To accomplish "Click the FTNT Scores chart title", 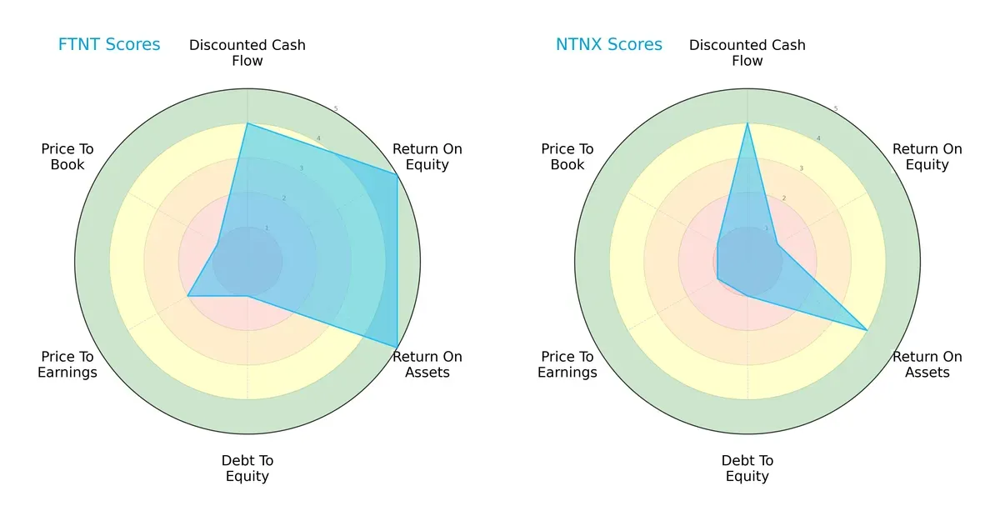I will point(109,44).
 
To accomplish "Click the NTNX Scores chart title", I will point(609,44).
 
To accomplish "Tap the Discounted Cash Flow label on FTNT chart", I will point(247,53).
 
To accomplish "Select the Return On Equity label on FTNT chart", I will point(427,157).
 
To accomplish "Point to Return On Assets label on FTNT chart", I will point(427,364).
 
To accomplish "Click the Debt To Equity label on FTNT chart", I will point(247,468).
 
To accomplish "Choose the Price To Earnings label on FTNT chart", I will point(67,364).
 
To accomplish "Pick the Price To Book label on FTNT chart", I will point(67,157).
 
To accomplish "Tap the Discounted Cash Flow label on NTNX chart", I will point(747,53).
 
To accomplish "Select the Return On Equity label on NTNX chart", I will point(927,157).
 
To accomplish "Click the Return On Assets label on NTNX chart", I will point(927,364).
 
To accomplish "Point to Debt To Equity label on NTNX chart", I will point(747,468).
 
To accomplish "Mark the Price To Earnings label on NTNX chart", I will point(567,364).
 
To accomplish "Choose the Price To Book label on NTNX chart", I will point(567,157).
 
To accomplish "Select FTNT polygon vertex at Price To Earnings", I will point(187,296).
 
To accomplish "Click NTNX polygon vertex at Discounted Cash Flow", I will point(747,123).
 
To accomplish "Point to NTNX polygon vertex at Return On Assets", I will point(867,330).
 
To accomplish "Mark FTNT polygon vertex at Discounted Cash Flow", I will point(247,123).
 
